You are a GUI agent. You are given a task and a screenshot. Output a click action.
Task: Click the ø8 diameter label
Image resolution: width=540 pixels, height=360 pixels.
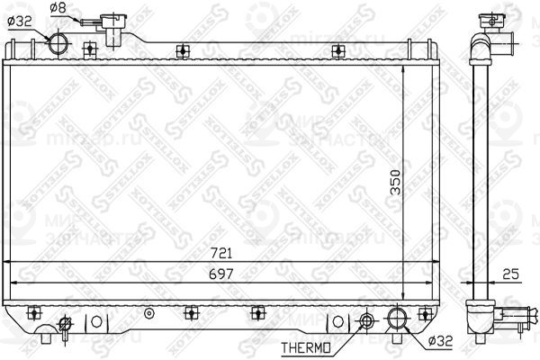[x=57, y=8]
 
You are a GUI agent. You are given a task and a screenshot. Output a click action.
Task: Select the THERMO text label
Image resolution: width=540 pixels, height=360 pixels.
[x=307, y=346]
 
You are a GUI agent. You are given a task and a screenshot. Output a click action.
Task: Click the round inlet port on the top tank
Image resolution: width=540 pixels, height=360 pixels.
[x=59, y=43]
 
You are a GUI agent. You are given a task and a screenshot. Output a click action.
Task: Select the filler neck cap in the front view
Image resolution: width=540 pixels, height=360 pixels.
[x=112, y=22]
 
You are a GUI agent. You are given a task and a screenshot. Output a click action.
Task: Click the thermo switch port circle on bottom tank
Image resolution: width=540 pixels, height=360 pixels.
[x=367, y=320]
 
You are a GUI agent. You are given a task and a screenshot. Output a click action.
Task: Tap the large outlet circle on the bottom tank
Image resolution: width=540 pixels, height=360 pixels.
[x=397, y=318]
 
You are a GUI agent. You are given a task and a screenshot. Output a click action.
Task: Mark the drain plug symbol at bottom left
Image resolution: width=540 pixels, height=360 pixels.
[x=65, y=323]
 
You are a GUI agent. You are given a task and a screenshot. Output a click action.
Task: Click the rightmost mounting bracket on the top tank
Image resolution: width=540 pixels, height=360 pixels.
[x=337, y=50]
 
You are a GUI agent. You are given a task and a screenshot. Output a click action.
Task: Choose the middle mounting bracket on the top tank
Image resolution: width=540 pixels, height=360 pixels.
[x=183, y=50]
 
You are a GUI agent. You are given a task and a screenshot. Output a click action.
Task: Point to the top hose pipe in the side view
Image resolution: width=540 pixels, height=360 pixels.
[x=506, y=41]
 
